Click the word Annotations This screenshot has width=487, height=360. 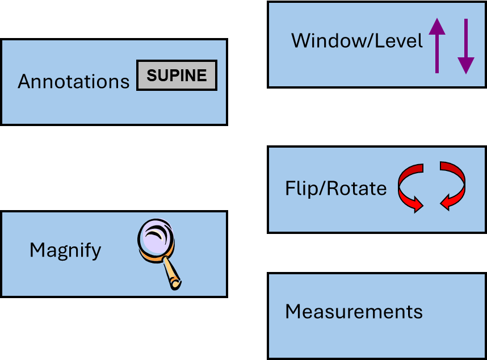click(x=74, y=82)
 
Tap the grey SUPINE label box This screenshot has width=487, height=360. click(x=177, y=75)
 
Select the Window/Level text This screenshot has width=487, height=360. click(x=357, y=41)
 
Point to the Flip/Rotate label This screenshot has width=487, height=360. click(x=335, y=188)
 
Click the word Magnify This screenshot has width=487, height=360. click(x=65, y=250)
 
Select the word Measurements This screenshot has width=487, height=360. click(x=354, y=312)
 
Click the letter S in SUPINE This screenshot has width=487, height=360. click(x=152, y=76)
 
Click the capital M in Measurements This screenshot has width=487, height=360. click(x=293, y=312)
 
